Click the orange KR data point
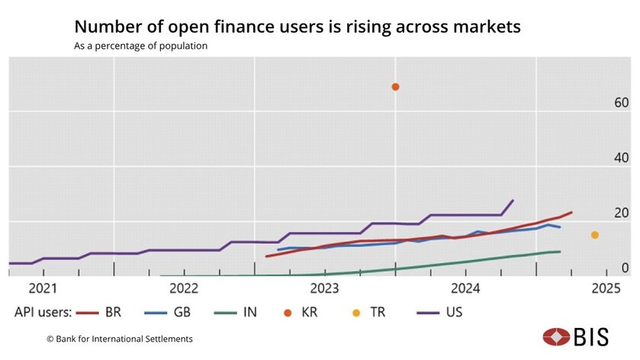point(395,87)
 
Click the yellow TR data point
point(595,235)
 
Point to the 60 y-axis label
point(621,103)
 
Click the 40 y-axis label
point(621,158)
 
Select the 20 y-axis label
point(621,213)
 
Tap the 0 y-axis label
point(625,268)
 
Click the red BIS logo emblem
point(555,336)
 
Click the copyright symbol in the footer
point(50,339)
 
